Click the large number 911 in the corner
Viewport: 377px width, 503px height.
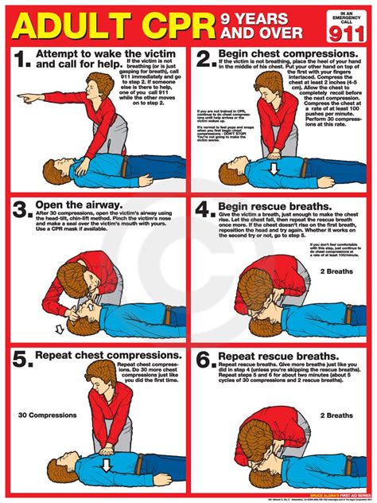pos(348,32)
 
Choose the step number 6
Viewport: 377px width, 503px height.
pos(204,359)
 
